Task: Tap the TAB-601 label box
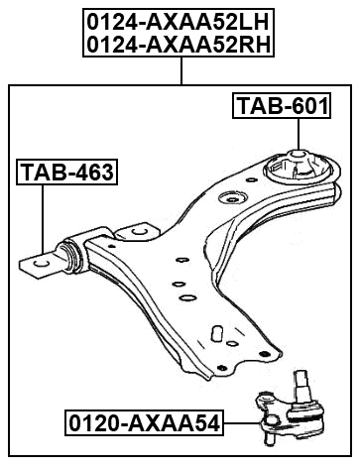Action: pyautogui.click(x=281, y=105)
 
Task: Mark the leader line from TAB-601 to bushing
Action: pyautogui.click(x=298, y=133)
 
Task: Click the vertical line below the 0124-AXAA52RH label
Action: pyautogui.click(x=181, y=70)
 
